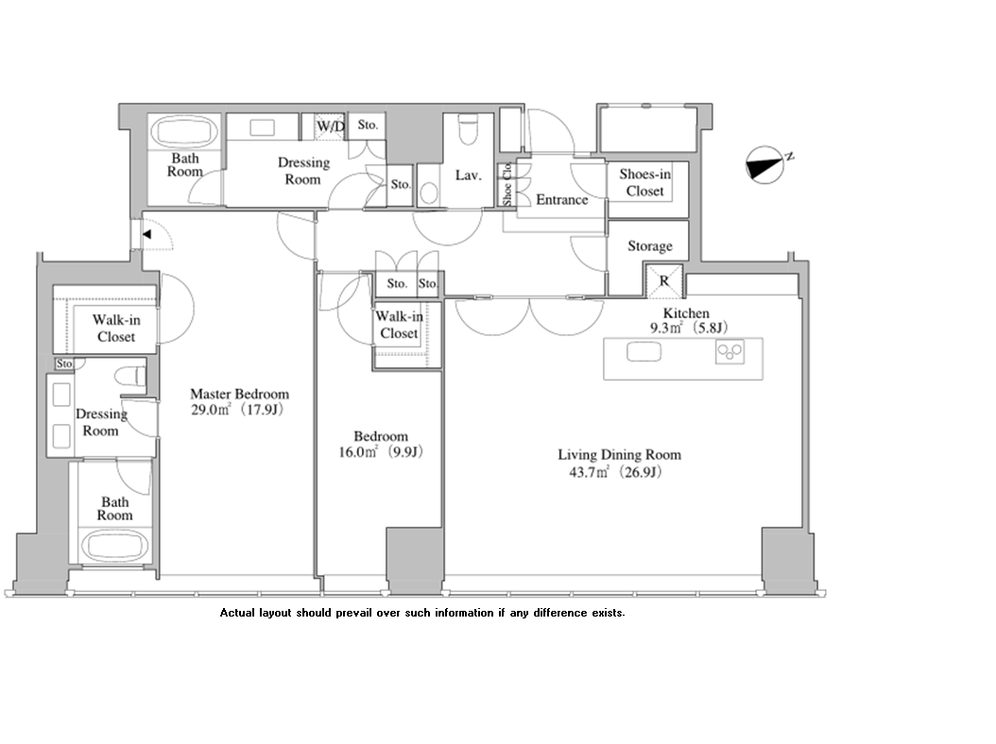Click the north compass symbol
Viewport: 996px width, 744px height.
pyautogui.click(x=764, y=165)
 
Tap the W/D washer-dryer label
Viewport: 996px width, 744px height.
pyautogui.click(x=331, y=127)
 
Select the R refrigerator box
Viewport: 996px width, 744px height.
pyautogui.click(x=664, y=280)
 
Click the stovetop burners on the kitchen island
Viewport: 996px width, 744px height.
pyautogui.click(x=730, y=351)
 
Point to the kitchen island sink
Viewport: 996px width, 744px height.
pyautogui.click(x=644, y=351)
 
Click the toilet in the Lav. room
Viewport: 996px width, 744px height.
pyautogui.click(x=468, y=128)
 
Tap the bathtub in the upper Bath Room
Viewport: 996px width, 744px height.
pyautogui.click(x=184, y=132)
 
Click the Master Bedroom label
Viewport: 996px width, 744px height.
pyautogui.click(x=239, y=395)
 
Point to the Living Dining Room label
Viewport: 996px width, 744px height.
pyautogui.click(x=619, y=454)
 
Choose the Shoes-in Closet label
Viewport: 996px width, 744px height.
pyautogui.click(x=644, y=182)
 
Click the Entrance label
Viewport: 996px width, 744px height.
pyautogui.click(x=562, y=200)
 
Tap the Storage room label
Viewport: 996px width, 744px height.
pyautogui.click(x=650, y=246)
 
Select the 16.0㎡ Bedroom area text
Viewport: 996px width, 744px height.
pyautogui.click(x=381, y=452)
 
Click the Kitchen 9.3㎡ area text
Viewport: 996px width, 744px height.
pyautogui.click(x=689, y=328)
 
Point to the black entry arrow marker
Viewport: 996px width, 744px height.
pyautogui.click(x=146, y=234)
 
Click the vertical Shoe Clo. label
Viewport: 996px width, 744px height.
pyautogui.click(x=507, y=184)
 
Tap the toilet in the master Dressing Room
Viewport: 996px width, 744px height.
pyautogui.click(x=130, y=376)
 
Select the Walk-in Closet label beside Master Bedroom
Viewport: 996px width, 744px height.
pyautogui.click(x=116, y=329)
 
